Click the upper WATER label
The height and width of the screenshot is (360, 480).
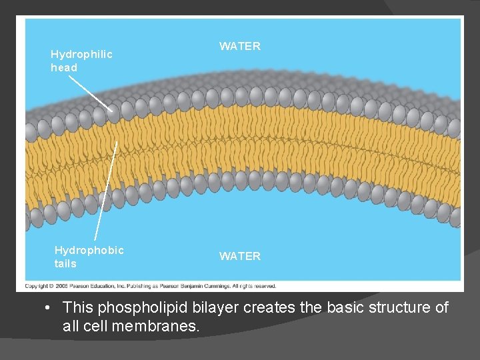point(240,47)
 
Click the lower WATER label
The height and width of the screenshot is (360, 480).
point(240,256)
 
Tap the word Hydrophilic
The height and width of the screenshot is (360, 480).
point(81,54)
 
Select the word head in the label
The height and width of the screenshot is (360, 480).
point(64,67)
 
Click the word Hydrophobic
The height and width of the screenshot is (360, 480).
point(89,250)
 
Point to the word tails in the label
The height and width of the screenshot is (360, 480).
point(65,263)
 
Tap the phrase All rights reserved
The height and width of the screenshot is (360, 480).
point(254,286)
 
